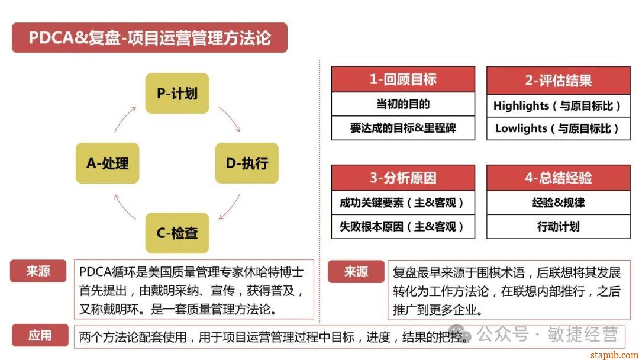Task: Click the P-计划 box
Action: [177, 94]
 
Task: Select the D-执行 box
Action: [247, 163]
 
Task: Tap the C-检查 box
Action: [177, 233]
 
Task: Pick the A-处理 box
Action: [107, 163]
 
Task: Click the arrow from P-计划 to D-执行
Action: [230, 119]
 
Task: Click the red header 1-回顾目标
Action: [403, 79]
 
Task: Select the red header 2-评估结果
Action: [558, 79]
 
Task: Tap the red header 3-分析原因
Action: [403, 178]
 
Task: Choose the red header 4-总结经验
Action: [558, 178]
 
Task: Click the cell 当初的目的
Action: [403, 104]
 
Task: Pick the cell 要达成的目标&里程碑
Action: [403, 127]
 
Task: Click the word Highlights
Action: [521, 105]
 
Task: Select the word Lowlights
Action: [521, 128]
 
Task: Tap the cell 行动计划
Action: [558, 226]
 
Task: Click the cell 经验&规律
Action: [558, 202]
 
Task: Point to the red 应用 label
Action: [40, 336]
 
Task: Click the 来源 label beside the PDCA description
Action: [38, 271]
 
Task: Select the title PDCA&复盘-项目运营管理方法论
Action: [150, 38]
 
